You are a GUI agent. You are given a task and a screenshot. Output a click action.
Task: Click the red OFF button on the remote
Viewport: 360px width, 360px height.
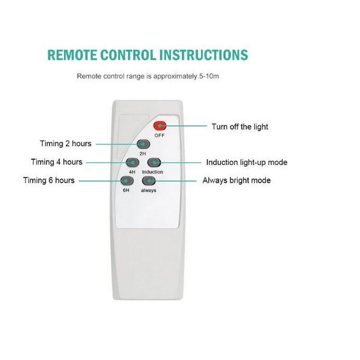(159, 126)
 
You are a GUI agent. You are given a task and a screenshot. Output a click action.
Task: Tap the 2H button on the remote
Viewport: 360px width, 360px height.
(143, 144)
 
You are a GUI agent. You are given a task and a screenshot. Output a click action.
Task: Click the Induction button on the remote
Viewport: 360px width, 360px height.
(153, 162)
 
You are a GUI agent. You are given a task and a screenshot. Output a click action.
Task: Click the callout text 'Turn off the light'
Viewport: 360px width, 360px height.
(240, 127)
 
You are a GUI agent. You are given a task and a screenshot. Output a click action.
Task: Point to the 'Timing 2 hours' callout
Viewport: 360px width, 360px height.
(66, 144)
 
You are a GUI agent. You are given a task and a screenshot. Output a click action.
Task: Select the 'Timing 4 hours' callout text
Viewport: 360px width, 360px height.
(57, 162)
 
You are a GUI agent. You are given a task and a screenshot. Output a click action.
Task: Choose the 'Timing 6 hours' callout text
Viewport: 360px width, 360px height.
(49, 180)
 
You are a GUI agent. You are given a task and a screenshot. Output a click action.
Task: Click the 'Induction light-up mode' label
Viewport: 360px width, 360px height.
(247, 162)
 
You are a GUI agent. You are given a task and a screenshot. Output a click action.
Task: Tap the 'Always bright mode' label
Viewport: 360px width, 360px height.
(237, 180)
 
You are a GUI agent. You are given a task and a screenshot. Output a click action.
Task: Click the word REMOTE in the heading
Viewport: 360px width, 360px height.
(72, 55)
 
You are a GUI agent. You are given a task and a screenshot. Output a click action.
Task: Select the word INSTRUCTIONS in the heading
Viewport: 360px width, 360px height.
(204, 55)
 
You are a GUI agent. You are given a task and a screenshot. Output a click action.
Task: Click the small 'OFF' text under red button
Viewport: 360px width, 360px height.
(159, 135)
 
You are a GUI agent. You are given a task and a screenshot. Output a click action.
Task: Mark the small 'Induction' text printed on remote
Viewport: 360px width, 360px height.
(152, 172)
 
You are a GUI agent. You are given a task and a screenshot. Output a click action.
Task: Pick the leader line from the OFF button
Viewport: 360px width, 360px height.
(185, 126)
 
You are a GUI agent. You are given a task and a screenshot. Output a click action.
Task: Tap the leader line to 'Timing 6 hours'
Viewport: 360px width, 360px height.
(101, 180)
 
